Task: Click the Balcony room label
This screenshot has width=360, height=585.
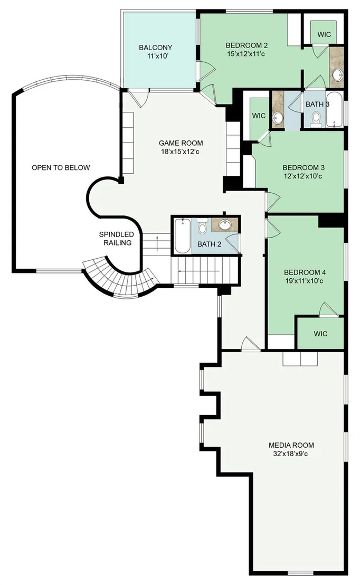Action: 156,48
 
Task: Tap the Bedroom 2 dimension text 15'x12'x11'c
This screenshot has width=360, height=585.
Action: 246,54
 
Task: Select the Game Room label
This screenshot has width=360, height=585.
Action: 181,143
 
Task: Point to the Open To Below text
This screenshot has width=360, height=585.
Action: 61,167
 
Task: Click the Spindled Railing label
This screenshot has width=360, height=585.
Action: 117,239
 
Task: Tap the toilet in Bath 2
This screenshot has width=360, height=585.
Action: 202,226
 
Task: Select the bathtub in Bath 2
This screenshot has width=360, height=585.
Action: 183,236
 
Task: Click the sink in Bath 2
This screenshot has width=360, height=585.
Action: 224,224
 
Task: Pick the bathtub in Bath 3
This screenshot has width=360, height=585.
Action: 334,110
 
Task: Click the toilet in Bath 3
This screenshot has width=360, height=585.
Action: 316,120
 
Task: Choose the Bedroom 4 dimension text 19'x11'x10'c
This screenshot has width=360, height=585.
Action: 304,281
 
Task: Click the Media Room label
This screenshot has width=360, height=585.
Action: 291,445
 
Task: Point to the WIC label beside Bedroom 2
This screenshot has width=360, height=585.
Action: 324,34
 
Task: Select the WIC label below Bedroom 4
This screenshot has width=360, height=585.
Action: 320,334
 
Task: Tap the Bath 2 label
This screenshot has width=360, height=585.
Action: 209,244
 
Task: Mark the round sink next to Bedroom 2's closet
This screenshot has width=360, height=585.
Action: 338,75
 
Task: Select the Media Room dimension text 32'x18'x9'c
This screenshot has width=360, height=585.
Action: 291,454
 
